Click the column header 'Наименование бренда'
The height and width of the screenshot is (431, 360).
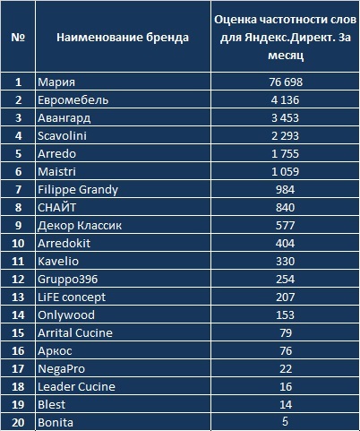coord(123,38)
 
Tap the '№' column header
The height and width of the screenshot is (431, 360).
coord(18,38)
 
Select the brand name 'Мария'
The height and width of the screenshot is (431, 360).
coord(56,82)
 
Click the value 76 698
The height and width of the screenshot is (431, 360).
coord(286,82)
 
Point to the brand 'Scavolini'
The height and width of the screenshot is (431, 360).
coord(62,135)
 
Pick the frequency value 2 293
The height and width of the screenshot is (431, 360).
coord(285,135)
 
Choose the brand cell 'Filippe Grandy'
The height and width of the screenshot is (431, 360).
coord(78,190)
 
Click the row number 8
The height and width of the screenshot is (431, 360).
coord(18,207)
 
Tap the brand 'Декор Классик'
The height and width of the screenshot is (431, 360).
coord(80,226)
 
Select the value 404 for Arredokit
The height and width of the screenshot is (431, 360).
coord(285,243)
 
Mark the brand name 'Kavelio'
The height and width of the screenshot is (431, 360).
coord(58,261)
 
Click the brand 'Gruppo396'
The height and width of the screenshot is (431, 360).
coord(68,280)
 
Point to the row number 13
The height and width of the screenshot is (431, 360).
coord(18,297)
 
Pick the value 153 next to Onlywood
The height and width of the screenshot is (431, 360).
coord(285,315)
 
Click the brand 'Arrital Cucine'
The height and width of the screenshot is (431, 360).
coord(75,332)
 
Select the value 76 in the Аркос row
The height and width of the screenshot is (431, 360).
coord(286,350)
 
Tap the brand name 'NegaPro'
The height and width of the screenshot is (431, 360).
coord(62,369)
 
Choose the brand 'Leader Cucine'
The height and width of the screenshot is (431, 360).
coord(76,386)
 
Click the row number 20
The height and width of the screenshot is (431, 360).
coord(18,422)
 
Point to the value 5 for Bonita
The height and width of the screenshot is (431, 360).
coord(285,421)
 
